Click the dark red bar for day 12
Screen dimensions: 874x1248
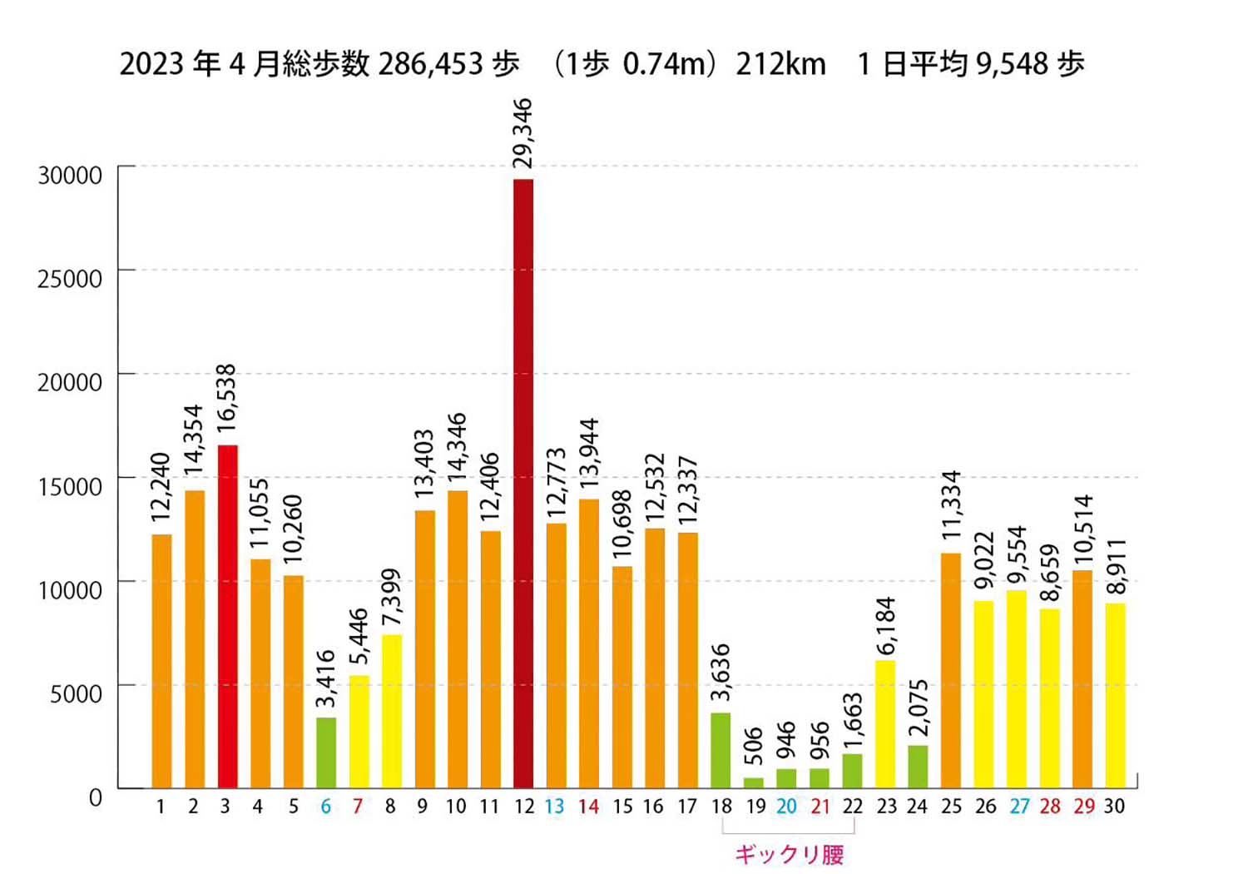[523, 483]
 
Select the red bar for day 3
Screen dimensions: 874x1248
[227, 616]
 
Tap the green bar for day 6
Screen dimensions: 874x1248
[326, 752]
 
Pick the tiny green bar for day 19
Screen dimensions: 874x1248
[754, 782]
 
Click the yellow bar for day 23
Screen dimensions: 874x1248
[885, 724]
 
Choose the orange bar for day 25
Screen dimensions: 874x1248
[951, 670]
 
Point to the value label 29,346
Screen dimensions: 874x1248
[522, 133]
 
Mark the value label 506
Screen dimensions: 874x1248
[753, 746]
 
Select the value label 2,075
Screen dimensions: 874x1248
[918, 708]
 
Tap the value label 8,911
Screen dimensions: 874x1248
[1116, 567]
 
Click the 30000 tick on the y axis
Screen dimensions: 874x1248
[70, 176]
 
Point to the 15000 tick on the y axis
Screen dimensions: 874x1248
[70, 486]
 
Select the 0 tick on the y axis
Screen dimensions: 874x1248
[96, 797]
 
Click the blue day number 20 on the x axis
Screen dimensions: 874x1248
[786, 807]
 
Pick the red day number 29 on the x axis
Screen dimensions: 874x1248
[1083, 807]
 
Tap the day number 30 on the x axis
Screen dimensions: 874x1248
[1114, 807]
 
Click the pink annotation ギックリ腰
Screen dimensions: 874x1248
[789, 854]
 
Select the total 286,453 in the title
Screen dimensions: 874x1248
[430, 64]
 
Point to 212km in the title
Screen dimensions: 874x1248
[780, 64]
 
